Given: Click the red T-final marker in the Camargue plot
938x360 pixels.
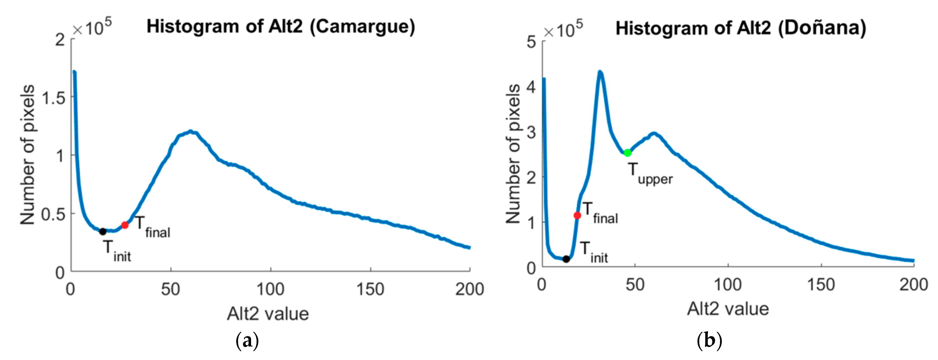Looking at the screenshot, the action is (125, 225).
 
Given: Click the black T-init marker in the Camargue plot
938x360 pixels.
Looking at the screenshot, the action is (103, 231).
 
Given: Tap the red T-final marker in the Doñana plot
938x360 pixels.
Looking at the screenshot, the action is (577, 216).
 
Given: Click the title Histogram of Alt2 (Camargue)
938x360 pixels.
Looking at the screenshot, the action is (280, 27).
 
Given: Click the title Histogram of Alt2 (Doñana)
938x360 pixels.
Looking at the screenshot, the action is (741, 28).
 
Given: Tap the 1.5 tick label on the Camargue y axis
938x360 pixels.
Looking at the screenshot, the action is (53, 98).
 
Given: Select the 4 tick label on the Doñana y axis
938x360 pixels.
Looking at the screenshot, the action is (532, 87).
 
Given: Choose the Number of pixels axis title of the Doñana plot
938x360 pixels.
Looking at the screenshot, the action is (513, 154).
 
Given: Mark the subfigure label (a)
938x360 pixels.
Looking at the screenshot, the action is (247, 341).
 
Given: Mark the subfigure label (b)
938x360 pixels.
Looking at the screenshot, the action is (709, 341).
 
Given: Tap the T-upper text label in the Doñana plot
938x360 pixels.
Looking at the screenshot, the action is (650, 174).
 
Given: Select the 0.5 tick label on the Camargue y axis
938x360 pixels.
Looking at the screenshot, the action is (53, 214).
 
